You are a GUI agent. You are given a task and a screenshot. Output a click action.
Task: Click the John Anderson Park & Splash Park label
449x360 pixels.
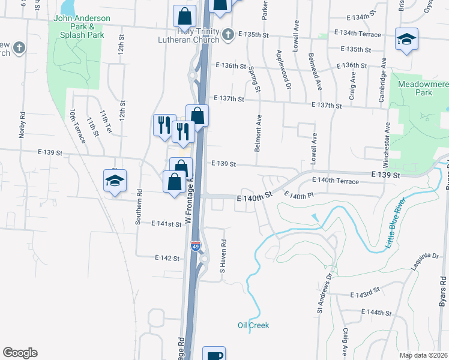(x=82, y=26)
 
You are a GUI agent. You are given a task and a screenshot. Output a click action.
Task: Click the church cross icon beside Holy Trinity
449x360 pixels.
(x=228, y=35)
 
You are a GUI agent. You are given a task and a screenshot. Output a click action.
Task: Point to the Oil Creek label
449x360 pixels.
(x=253, y=325)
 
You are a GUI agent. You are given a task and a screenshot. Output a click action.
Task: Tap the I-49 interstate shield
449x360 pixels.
(x=196, y=245)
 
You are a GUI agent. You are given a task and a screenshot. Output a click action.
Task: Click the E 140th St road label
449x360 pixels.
(x=255, y=196)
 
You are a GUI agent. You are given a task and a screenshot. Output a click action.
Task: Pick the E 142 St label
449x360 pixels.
(x=166, y=258)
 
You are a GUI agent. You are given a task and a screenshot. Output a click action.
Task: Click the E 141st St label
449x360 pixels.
(x=166, y=224)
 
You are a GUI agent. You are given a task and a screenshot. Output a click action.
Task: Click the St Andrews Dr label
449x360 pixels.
(x=324, y=294)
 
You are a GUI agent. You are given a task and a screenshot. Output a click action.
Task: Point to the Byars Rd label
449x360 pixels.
(x=443, y=292)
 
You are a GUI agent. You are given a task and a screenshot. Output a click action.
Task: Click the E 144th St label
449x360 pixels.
(x=376, y=313)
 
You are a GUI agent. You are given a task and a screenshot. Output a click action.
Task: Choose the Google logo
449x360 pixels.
(x=20, y=353)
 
